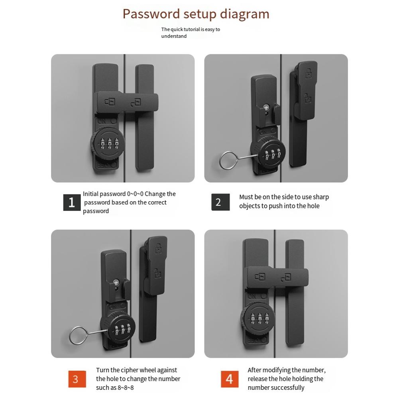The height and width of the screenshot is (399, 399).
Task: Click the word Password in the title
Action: point(151,14)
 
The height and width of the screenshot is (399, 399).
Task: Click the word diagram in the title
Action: point(244,14)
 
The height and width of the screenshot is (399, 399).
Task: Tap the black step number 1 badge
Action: point(72,202)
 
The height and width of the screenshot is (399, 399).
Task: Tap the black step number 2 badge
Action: point(220,202)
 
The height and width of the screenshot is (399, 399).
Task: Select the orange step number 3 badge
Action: point(76,378)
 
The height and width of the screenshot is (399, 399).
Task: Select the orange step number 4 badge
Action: point(230,378)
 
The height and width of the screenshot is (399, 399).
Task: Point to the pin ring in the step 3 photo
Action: point(77,336)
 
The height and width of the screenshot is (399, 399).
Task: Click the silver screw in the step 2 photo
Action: point(267,107)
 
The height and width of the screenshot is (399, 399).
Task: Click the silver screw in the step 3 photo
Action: point(116,282)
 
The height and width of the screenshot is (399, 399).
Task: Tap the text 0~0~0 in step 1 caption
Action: point(135,194)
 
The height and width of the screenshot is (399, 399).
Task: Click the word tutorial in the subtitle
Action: point(192,29)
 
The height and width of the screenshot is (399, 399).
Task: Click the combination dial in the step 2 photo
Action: point(269,153)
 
